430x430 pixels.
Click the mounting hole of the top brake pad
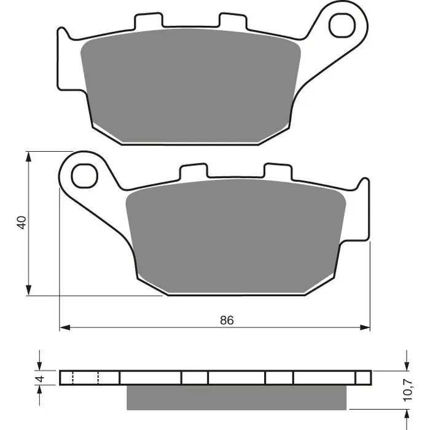[340, 25]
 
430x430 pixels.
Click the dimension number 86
[227, 320]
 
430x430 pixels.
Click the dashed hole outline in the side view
[86, 377]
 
